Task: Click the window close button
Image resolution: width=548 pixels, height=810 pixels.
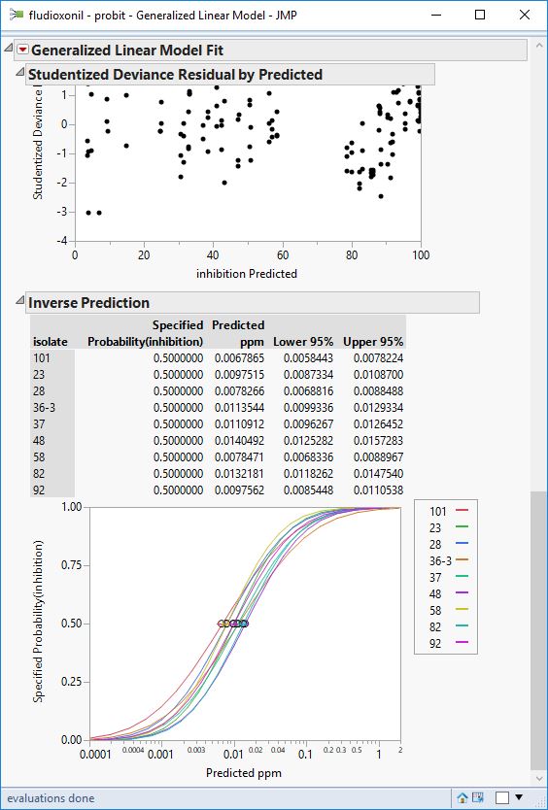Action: pyautogui.click(x=525, y=16)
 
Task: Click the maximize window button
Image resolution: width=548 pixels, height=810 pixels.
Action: pyautogui.click(x=480, y=16)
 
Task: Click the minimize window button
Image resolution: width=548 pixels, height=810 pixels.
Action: pyautogui.click(x=435, y=16)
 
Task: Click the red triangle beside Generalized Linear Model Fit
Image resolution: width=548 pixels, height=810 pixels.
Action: pyautogui.click(x=22, y=51)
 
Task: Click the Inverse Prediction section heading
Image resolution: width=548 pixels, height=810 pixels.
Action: pyautogui.click(x=88, y=302)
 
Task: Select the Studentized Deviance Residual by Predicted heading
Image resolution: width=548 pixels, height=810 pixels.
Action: pyautogui.click(x=175, y=74)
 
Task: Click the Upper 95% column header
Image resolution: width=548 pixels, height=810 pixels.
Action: pyautogui.click(x=373, y=341)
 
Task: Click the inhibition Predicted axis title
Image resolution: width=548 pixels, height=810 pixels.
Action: pyautogui.click(x=247, y=274)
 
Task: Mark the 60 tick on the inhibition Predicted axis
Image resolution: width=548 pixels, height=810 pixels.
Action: pyautogui.click(x=282, y=256)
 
